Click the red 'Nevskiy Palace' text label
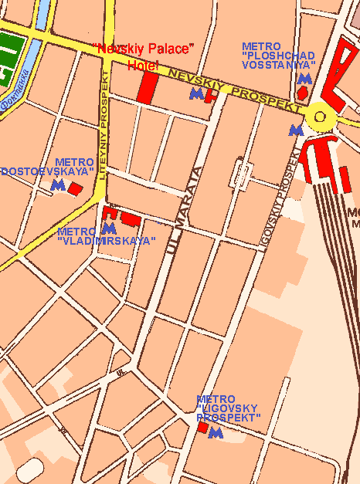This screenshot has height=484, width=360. [142, 49]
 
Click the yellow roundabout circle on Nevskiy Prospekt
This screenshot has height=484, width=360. [319, 117]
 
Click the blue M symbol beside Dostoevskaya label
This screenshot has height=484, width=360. [56, 185]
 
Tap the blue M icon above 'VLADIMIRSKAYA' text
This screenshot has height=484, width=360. [108, 228]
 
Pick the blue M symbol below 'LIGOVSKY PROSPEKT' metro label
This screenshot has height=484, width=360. [216, 433]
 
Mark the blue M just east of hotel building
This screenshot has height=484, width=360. [196, 94]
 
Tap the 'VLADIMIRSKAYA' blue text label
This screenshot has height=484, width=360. [107, 241]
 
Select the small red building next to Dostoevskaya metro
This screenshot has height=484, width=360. [75, 188]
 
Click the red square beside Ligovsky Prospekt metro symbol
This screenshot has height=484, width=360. [202, 428]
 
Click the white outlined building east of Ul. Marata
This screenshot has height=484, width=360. [241, 174]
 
